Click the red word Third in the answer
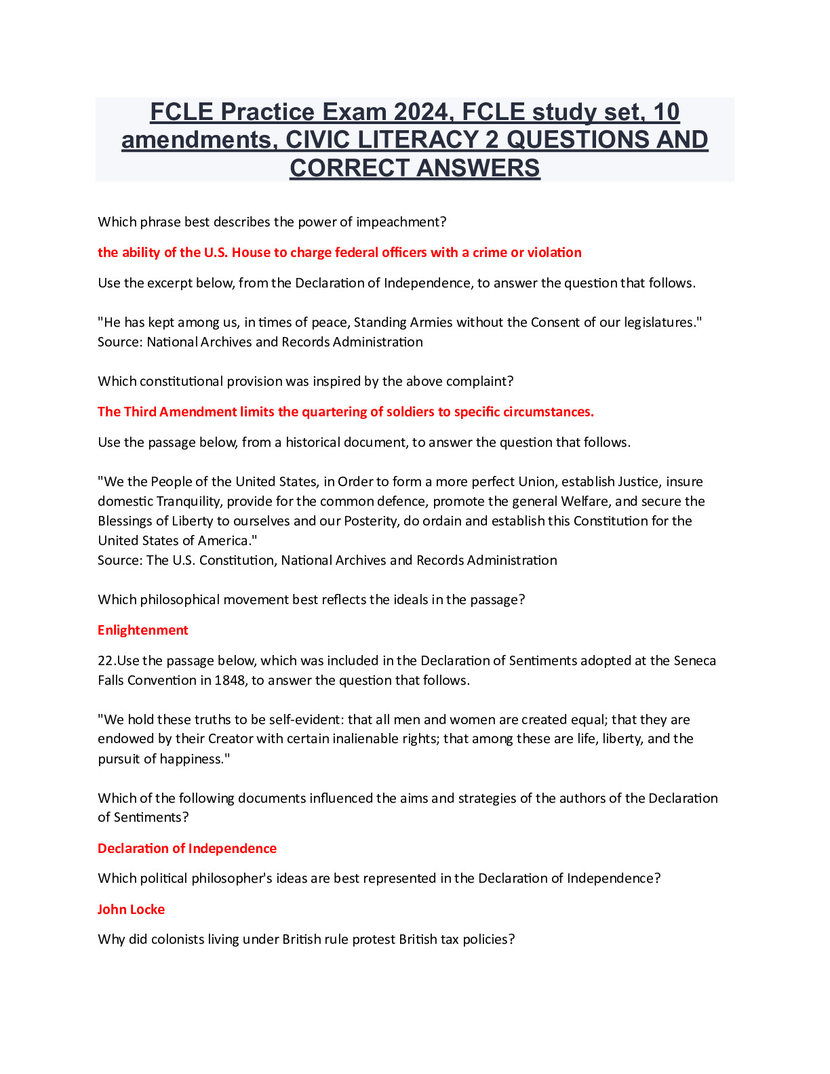[140, 412]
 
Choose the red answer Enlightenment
[142, 630]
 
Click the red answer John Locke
[131, 909]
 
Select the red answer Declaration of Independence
[186, 848]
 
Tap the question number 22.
[105, 660]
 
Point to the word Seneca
[694, 660]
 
